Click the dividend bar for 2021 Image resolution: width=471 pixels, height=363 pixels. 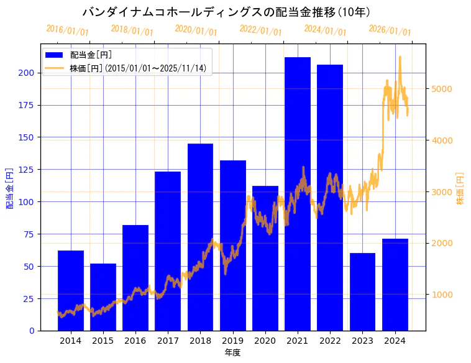tap(298, 193)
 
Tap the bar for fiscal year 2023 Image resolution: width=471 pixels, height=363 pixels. tap(362, 292)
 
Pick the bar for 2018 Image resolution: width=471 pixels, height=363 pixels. tap(200, 237)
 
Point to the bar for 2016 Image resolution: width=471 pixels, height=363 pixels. tap(135, 277)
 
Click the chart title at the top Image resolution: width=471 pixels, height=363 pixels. tap(226, 12)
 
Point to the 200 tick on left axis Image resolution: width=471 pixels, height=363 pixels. tap(29, 73)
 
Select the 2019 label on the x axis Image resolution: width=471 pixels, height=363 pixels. tap(233, 341)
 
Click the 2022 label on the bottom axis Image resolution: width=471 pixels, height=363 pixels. tap(330, 341)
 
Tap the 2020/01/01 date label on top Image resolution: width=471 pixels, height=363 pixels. tap(196, 30)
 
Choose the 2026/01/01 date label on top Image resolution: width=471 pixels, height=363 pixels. tap(390, 30)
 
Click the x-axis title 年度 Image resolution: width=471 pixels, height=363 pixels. tap(232, 352)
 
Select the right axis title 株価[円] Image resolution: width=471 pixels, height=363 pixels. tap(460, 188)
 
